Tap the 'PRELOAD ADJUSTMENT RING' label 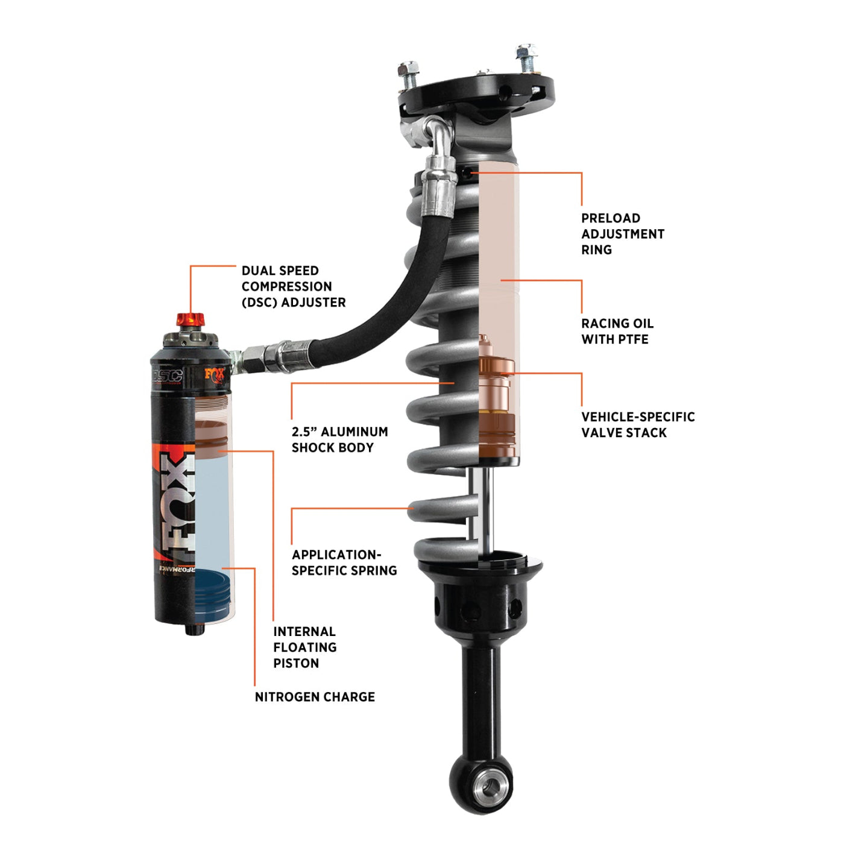(x=622, y=234)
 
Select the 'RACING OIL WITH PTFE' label (x=617, y=331)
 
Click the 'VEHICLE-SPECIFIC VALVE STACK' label (x=637, y=424)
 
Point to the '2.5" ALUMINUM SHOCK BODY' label (x=339, y=439)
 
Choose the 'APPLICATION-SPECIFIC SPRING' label (x=344, y=562)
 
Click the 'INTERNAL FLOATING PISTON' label (x=304, y=647)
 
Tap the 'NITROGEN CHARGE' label (x=315, y=697)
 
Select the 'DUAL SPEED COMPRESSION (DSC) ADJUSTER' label (x=293, y=286)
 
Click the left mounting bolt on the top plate (x=409, y=74)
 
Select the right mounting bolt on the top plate (x=526, y=57)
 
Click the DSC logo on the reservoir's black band (x=167, y=376)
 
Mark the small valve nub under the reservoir (x=194, y=629)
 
